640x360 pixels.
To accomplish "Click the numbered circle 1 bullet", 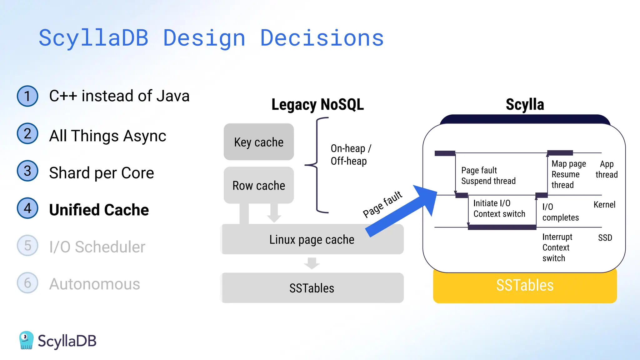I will point(27,96).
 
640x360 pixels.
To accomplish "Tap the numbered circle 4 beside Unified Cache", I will point(27,208).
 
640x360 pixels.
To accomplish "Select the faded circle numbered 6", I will point(27,283).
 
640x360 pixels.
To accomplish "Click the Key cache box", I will point(259,142).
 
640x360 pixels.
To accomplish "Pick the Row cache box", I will point(259,185).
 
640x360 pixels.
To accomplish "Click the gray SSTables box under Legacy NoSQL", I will point(312,288).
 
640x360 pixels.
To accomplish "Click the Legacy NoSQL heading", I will point(317,104).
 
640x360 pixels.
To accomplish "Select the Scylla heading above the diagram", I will point(525,104).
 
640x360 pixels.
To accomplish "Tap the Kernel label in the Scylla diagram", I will point(604,205).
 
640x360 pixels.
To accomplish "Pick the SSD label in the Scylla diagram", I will point(605,238).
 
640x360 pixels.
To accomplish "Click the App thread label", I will point(607,169).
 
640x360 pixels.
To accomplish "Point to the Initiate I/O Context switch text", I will point(499,208).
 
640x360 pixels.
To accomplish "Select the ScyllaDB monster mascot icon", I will point(26,340).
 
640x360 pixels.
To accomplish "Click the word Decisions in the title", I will point(322,38).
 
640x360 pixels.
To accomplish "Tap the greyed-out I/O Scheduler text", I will point(97,247).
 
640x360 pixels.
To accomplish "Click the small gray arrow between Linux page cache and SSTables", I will point(312,263).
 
